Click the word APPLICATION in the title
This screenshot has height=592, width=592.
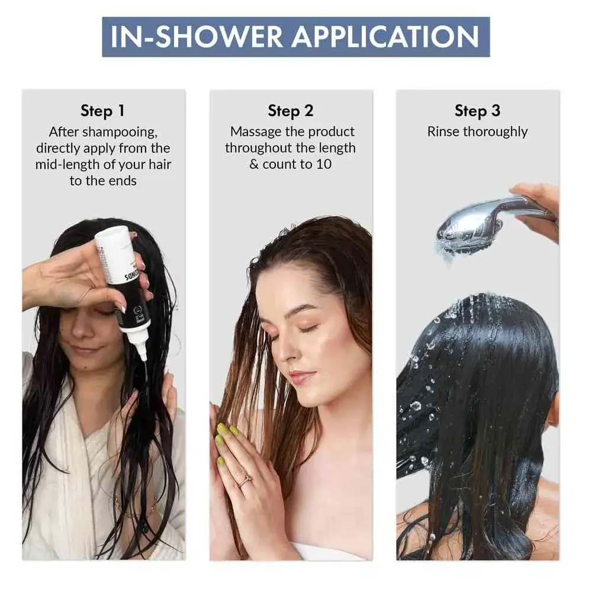coord(385,37)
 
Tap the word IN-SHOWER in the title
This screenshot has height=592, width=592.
coord(195,37)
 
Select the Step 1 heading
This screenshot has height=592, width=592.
coord(102,111)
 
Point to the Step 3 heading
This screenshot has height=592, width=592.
coord(477,111)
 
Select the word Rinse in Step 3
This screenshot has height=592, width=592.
coord(443,131)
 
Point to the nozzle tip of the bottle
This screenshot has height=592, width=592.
coord(143,355)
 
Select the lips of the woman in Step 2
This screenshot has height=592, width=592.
coord(300,377)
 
